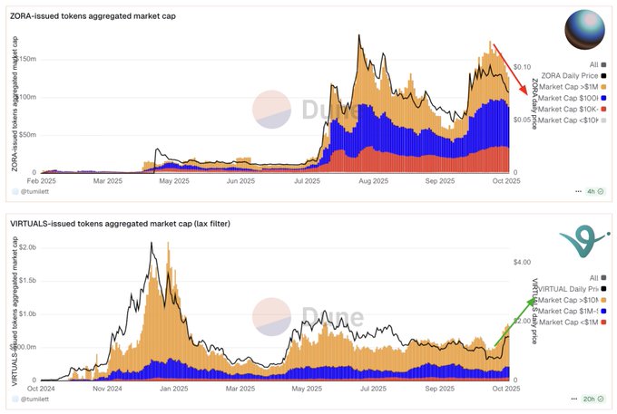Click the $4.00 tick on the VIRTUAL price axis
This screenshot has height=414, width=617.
click(521, 262)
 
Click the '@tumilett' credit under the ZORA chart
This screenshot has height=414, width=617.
click(36, 192)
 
